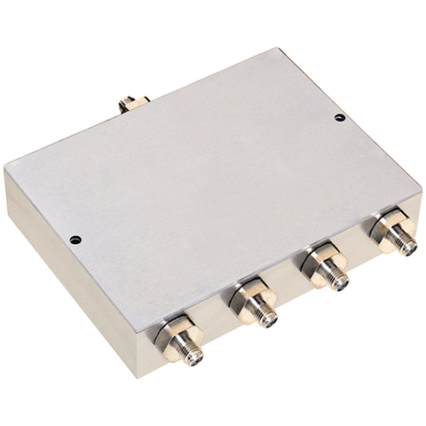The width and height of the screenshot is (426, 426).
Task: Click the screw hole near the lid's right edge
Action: tap(339, 117)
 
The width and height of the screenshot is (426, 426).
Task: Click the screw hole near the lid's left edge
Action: tap(75, 240)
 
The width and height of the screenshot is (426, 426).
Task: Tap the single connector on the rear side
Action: tap(133, 103)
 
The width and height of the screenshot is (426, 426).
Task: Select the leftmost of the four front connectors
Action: tap(181, 341)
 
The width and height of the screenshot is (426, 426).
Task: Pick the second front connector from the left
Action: tap(256, 306)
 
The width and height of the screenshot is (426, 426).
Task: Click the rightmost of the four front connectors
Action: tap(394, 233)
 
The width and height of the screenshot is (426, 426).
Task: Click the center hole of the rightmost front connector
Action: tap(408, 248)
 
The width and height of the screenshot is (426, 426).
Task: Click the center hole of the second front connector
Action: tap(269, 320)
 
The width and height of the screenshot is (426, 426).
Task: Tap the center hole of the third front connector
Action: tap(341, 283)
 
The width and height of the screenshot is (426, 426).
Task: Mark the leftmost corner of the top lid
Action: tap(5, 169)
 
